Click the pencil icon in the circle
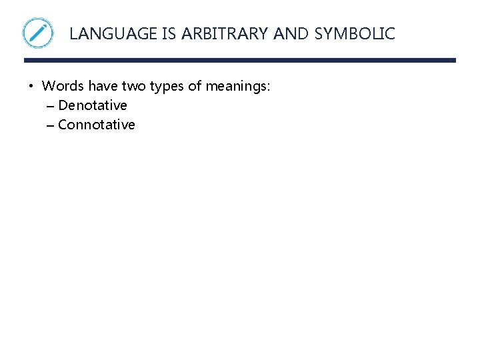(x=38, y=33)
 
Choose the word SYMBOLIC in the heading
(x=355, y=33)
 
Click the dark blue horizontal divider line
(x=240, y=61)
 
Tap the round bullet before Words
(x=31, y=86)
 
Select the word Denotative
(x=93, y=105)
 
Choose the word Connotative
(x=97, y=125)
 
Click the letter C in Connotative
(x=63, y=125)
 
